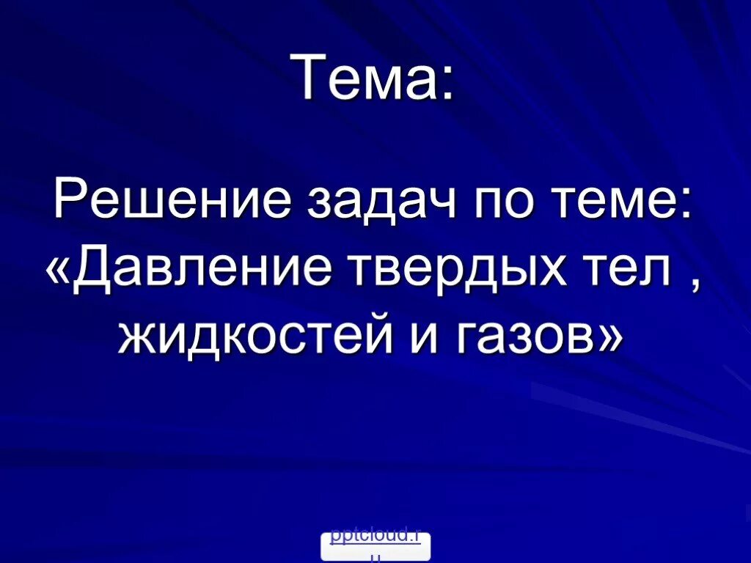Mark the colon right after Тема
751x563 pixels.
click(x=446, y=84)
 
